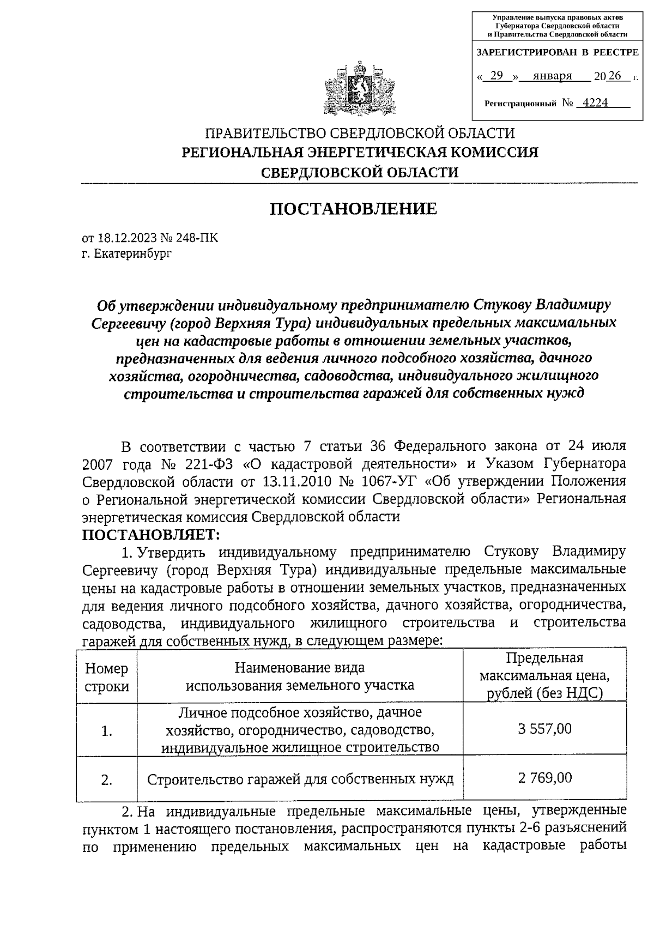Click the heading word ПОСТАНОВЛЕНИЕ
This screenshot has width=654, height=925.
click(354, 209)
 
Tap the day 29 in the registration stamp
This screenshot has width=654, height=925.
click(496, 76)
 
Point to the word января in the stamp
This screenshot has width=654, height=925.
click(552, 76)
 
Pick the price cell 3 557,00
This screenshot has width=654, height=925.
click(544, 729)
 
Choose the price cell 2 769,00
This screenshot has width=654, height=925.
click(544, 778)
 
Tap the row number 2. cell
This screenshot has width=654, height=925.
click(107, 780)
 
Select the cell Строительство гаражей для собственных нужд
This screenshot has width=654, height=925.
click(300, 779)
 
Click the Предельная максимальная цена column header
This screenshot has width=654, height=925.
click(544, 676)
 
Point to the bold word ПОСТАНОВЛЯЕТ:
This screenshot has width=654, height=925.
click(151, 534)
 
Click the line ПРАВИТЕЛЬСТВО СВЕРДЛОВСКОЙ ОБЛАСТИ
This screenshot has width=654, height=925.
click(360, 133)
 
